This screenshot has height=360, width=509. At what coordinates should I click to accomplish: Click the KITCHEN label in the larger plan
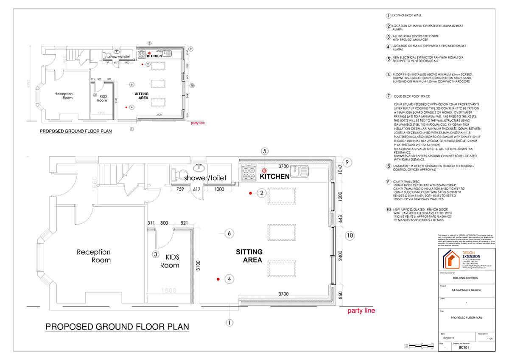click(x=274, y=176)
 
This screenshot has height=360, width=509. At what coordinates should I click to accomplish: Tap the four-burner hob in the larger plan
click(x=248, y=173)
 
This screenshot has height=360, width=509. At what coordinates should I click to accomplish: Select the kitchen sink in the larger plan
click(x=303, y=171)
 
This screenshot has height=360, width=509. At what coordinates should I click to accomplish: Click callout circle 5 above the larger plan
click(x=265, y=151)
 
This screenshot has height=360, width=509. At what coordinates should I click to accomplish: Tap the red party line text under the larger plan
click(x=361, y=311)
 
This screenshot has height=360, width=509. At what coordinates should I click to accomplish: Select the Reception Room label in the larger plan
click(x=94, y=256)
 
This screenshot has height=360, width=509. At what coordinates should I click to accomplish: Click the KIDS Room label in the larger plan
click(x=169, y=262)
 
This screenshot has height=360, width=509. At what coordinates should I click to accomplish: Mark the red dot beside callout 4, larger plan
click(x=218, y=279)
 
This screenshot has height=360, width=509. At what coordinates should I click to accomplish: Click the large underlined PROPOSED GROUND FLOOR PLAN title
click(x=117, y=327)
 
